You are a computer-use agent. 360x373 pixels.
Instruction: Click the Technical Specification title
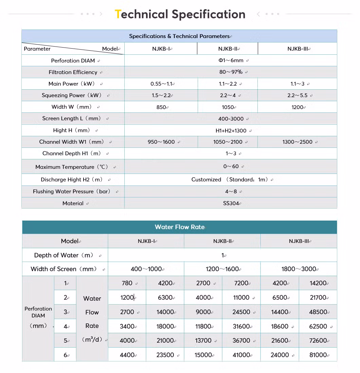tap(180, 14)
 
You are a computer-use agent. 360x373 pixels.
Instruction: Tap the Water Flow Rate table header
tap(180, 227)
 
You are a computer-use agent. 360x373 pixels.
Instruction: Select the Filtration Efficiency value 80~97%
tap(231, 72)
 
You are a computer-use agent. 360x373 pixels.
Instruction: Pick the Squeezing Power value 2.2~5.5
tap(298, 95)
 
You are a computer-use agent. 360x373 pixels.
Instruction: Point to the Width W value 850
tap(161, 107)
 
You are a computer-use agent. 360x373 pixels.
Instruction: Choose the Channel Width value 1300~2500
tap(298, 142)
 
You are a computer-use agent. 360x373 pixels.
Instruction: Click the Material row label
tap(73, 203)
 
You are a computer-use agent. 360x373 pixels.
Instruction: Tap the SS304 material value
tap(231, 203)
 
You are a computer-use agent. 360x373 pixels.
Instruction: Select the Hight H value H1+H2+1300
tap(231, 130)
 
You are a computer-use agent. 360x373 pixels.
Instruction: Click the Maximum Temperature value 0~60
tap(231, 166)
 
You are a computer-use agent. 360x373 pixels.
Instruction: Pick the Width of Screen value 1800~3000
tap(299, 269)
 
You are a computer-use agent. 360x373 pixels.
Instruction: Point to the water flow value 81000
tap(318, 355)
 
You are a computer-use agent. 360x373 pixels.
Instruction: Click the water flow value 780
tap(127, 283)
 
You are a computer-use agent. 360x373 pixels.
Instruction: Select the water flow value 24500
tap(241, 312)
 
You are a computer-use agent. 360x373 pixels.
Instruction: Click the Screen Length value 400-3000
tap(231, 119)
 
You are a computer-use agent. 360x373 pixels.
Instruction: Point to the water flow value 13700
tap(203, 341)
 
